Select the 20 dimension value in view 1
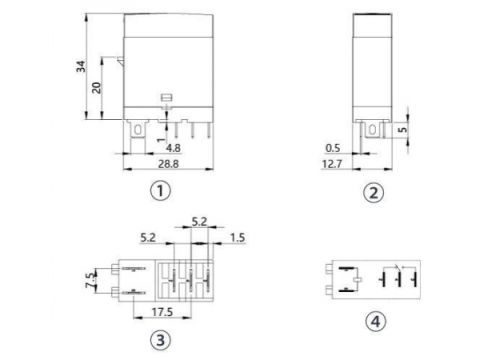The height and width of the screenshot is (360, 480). (96, 87)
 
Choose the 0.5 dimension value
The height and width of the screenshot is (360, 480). (333, 148)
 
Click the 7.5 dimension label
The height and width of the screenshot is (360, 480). (91, 281)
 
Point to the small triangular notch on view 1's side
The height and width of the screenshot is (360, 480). (119, 63)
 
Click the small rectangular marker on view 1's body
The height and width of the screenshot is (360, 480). (165, 97)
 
